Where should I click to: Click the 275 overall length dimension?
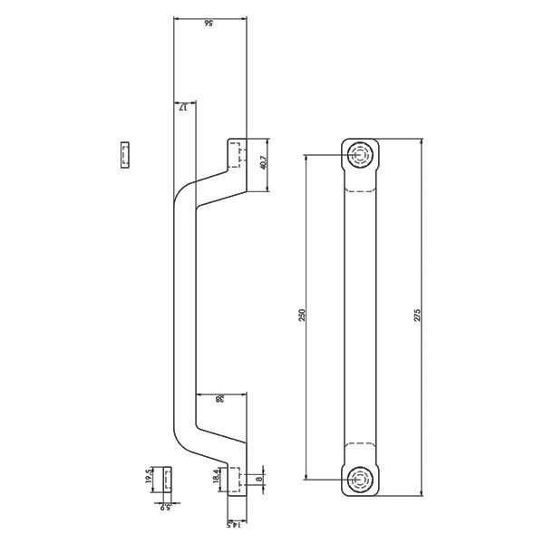pos(417,316)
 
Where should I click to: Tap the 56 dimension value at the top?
pos(209,24)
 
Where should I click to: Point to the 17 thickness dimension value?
pos(183,107)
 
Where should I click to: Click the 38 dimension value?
pos(220,399)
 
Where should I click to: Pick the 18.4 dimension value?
pos(217,475)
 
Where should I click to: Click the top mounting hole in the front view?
pos(361,156)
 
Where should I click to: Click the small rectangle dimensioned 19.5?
pos(168,478)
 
